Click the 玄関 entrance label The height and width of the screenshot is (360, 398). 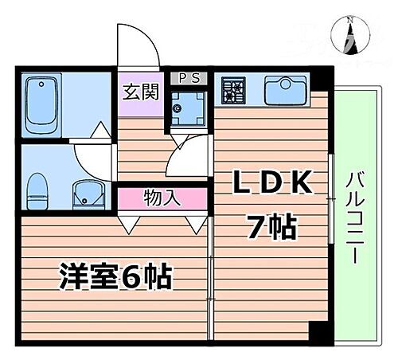(139, 92)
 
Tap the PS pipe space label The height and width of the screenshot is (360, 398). (188, 77)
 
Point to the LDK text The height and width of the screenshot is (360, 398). (271, 182)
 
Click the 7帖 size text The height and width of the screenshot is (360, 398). (270, 228)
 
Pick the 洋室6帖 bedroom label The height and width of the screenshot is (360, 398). (115, 277)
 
